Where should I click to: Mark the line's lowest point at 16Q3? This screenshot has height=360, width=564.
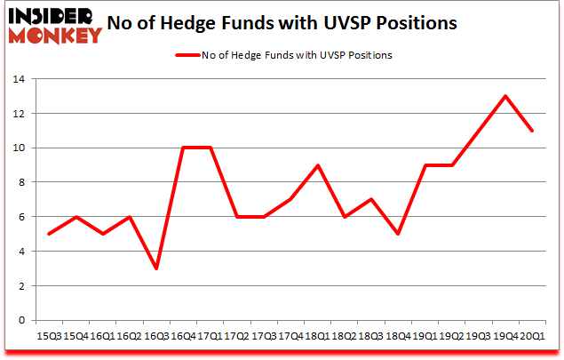[x=155, y=268]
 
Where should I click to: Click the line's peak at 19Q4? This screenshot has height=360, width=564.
[x=506, y=96]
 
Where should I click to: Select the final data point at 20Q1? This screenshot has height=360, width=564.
[x=531, y=131]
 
